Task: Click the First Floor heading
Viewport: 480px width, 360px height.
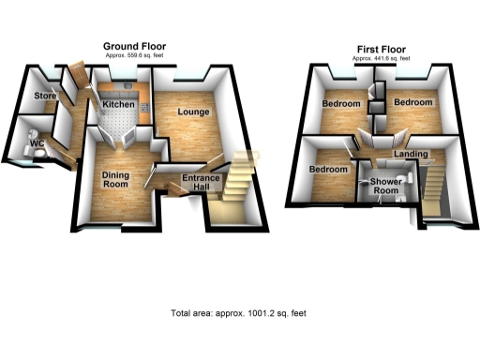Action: coord(381,49)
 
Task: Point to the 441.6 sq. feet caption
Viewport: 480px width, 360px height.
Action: coord(381,58)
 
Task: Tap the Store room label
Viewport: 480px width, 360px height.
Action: coord(45,97)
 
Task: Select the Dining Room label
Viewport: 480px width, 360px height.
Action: coord(115,178)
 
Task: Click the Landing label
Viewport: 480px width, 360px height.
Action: coord(412,154)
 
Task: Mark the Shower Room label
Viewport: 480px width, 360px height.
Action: coord(384,186)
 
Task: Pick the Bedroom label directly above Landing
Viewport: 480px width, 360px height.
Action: coord(412,101)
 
